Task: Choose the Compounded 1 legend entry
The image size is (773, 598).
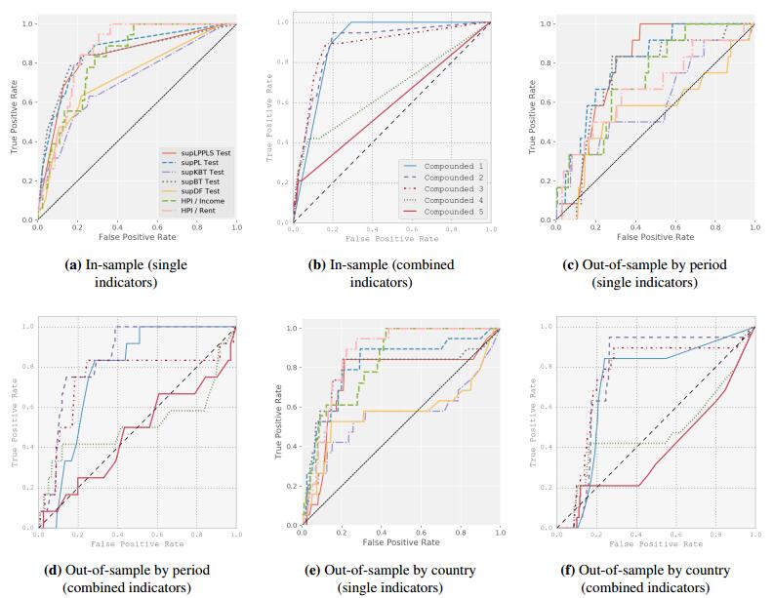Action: pyautogui.click(x=454, y=168)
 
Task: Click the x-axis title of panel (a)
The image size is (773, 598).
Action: pyautogui.click(x=136, y=236)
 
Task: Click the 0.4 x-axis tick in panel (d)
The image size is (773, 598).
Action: pyautogui.click(x=118, y=536)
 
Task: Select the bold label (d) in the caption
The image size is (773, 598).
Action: pyautogui.click(x=72, y=570)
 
